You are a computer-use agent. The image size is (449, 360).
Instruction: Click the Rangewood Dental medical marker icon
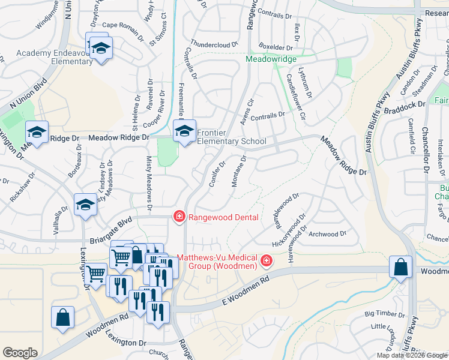pyautogui.click(x=179, y=217)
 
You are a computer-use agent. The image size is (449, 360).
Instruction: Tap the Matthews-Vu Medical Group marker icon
pyautogui.click(x=265, y=262)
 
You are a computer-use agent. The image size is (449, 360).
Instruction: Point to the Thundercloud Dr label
pyautogui.click(x=214, y=44)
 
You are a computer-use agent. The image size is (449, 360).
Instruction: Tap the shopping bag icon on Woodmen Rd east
pyautogui.click(x=400, y=267)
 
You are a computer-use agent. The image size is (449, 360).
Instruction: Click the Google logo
pyautogui.click(x=20, y=353)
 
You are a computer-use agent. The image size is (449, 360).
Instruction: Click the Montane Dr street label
pyautogui.click(x=239, y=171)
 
